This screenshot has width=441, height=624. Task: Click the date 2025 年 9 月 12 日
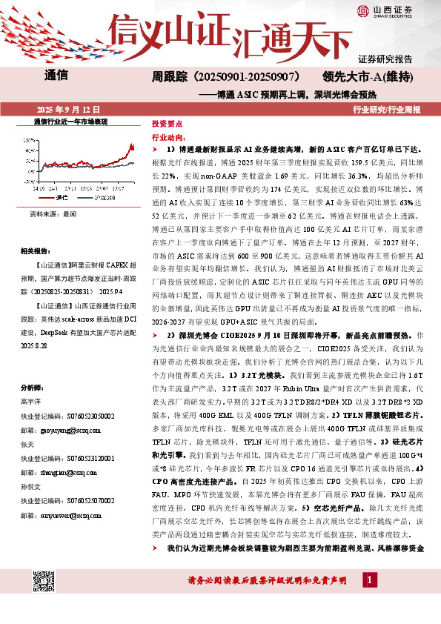pos(70,109)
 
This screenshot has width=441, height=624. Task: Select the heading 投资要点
pos(167,125)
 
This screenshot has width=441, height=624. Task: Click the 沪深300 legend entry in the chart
pos(103,198)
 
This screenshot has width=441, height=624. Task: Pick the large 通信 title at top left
pos(56,76)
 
